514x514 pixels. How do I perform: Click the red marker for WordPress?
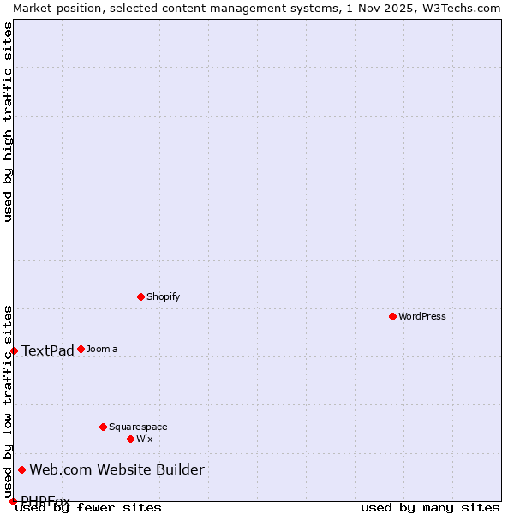392,316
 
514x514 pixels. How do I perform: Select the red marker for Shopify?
140,296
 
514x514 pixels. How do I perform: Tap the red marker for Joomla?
81,349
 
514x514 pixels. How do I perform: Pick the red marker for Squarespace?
103,427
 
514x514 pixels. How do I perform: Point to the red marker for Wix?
130,439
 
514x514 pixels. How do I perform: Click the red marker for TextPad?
14,350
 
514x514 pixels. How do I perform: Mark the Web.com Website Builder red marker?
21,469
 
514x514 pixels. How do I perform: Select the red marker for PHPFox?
13,501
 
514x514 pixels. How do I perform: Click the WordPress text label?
422,316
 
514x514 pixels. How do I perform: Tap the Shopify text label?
163,296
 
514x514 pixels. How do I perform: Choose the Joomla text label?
102,349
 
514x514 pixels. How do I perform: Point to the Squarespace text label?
138,427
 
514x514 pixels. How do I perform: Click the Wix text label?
144,439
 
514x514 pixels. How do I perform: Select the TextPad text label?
48,350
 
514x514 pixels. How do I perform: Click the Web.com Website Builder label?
117,469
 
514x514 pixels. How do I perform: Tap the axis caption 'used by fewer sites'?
88,507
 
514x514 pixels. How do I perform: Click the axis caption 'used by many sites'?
430,507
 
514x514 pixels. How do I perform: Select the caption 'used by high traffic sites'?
8,122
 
